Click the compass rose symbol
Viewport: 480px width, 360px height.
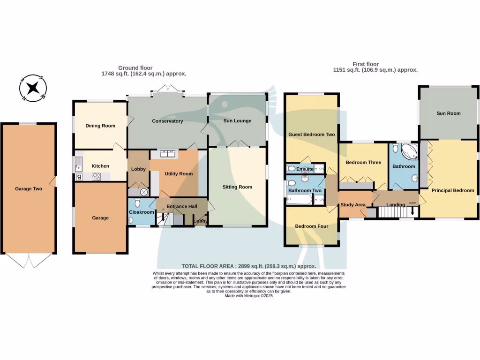(33, 88)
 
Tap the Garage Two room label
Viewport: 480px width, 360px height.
(29, 189)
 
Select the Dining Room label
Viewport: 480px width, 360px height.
(100, 126)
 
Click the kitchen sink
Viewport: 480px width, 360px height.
(78, 164)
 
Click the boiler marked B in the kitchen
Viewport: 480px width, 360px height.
(78, 177)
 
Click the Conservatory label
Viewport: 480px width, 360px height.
(167, 121)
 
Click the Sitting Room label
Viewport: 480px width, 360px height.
(237, 187)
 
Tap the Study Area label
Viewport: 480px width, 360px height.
(353, 205)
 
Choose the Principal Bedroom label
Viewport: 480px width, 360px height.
(452, 190)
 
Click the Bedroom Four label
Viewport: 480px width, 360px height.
(311, 226)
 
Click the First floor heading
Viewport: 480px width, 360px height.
(366, 64)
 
